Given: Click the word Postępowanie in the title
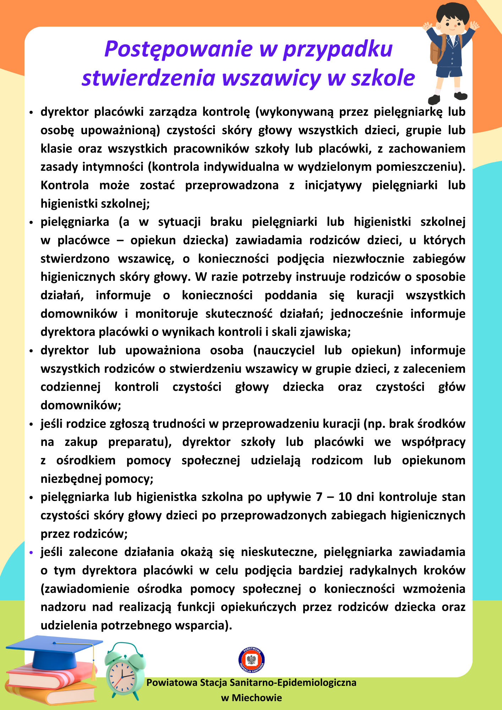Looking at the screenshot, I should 178,49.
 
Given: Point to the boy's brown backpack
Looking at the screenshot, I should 436,50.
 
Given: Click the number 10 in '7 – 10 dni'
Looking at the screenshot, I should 345,497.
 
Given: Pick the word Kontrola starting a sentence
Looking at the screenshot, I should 65,185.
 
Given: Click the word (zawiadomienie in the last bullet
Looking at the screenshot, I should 85,589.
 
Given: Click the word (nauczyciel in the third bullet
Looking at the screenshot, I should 284,350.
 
